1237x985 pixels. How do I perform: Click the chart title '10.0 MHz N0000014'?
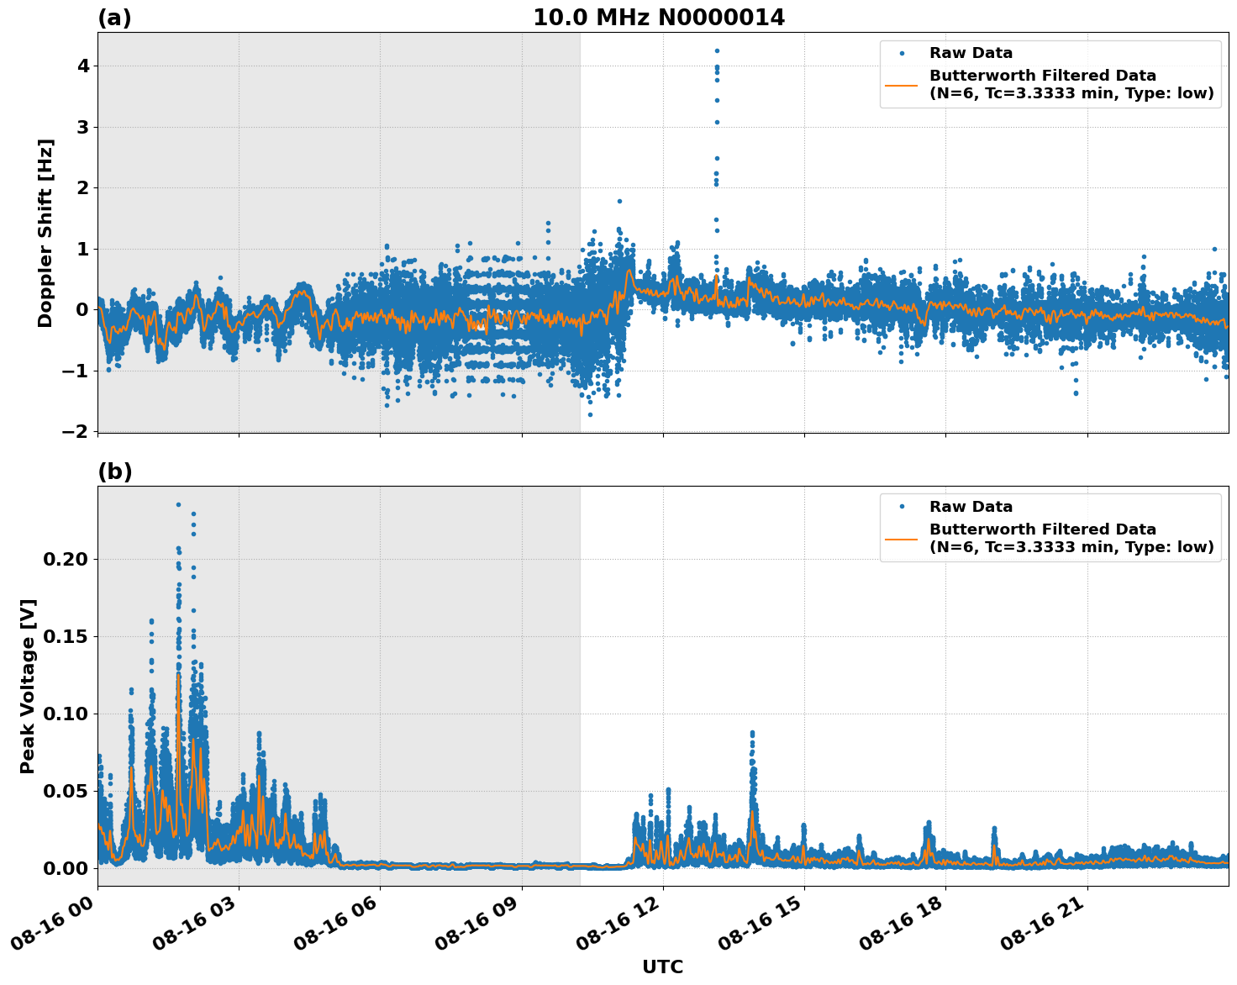coord(659,18)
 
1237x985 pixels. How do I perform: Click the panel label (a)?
coord(114,18)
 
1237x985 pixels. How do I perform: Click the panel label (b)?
coord(114,471)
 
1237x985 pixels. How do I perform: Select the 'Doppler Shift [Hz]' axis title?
coord(45,233)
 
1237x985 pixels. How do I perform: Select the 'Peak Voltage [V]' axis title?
coord(28,686)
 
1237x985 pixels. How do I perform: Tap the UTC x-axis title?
coord(662,967)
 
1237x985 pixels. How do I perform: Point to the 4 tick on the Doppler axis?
coord(82,66)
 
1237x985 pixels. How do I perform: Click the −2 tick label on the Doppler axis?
coord(76,431)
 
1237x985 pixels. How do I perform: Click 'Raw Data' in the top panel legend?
coord(971,53)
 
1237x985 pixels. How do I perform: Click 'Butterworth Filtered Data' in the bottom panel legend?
coord(1042,529)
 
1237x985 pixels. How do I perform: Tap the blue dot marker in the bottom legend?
coord(902,507)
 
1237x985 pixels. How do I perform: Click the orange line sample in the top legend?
coord(902,85)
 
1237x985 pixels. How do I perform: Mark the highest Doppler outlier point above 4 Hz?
coord(717,50)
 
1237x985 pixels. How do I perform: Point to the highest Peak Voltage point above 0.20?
coord(178,504)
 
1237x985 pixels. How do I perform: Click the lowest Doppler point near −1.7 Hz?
coord(590,414)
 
